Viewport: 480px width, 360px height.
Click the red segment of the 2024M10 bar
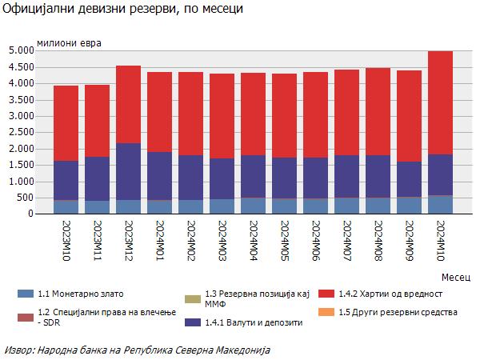(440, 102)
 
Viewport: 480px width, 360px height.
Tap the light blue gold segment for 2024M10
(440, 205)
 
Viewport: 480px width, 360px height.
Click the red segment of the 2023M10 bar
(66, 123)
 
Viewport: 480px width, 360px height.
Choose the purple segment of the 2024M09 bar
(409, 179)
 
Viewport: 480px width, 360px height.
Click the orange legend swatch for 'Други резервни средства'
(326, 311)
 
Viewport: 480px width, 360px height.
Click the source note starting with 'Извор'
(138, 350)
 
